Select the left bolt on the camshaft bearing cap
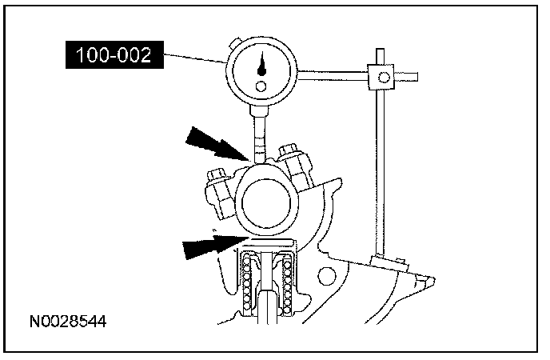click(218, 190)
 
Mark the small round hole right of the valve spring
click(326, 276)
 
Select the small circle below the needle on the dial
click(259, 85)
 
